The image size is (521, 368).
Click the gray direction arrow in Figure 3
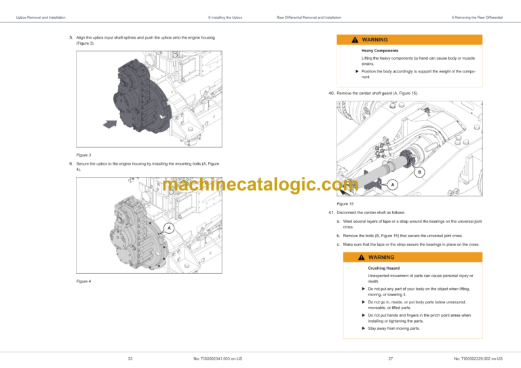(x=110, y=124)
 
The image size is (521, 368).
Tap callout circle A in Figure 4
(x=169, y=228)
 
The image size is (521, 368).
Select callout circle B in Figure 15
(x=419, y=172)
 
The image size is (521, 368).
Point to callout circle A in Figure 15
(x=393, y=185)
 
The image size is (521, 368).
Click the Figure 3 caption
(x=83, y=155)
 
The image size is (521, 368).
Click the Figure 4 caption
(x=83, y=281)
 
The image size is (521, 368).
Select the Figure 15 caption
(x=345, y=204)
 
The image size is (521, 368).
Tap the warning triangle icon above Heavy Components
(x=355, y=40)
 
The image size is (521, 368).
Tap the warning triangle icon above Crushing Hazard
(x=362, y=257)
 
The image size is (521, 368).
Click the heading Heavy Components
(x=380, y=51)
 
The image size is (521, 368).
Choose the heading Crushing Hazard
(x=384, y=268)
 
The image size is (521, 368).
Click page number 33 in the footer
(x=130, y=359)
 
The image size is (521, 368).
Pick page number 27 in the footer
(x=391, y=359)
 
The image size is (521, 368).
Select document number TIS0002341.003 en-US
(x=218, y=359)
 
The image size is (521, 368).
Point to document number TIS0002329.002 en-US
(x=478, y=359)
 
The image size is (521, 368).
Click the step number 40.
(x=331, y=94)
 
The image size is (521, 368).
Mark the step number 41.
(x=331, y=213)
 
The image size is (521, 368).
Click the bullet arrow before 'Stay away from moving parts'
(x=364, y=329)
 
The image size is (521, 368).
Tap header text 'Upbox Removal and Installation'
(x=41, y=18)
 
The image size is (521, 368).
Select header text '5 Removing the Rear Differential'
(x=477, y=18)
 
